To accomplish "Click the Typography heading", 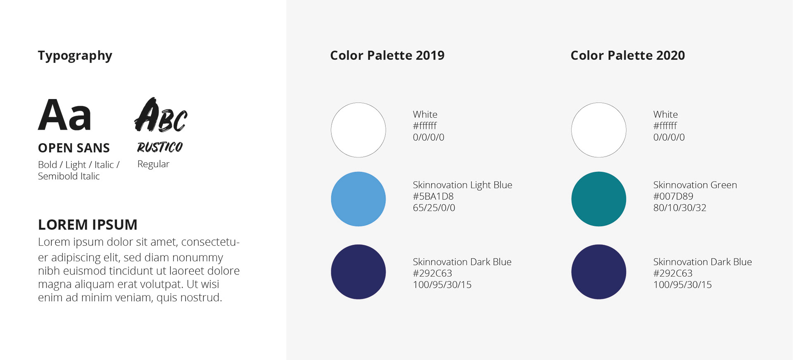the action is tap(75, 56).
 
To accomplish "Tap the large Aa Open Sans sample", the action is tap(64, 115).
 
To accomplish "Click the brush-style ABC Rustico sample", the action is tap(161, 115).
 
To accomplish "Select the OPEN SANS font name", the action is tap(74, 148).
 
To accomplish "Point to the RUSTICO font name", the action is tap(160, 147).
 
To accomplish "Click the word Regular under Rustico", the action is tap(153, 164).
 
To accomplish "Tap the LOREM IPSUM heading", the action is tap(88, 225).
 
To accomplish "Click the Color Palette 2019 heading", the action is tap(387, 55).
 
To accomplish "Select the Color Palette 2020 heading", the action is tap(628, 55).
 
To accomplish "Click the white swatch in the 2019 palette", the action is tap(359, 130).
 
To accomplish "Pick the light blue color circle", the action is tap(359, 199).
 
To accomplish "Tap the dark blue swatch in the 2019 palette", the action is tap(359, 272).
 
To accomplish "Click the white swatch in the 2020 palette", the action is tap(599, 130).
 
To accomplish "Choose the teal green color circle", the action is tap(599, 199).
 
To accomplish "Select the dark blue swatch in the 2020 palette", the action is tap(599, 272).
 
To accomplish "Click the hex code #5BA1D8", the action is tap(433, 197).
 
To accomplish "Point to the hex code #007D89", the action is tap(673, 197).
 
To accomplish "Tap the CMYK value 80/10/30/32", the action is tap(680, 208).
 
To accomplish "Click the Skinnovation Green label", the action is tap(695, 185).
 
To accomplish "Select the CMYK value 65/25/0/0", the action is tap(434, 208).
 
